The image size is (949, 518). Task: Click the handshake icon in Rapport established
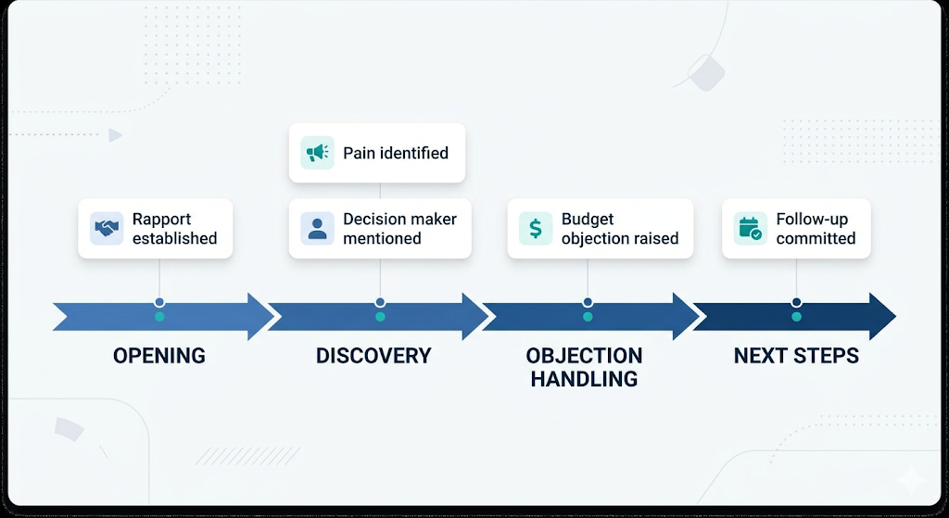point(107,228)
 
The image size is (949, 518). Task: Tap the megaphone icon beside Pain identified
point(317,153)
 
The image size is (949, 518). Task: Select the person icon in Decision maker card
point(317,228)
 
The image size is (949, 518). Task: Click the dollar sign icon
point(535,228)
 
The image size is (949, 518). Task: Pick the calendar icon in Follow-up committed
point(749,228)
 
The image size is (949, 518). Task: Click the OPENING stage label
point(159,356)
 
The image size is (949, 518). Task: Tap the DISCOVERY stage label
point(373,356)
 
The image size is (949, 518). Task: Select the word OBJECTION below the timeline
point(584,356)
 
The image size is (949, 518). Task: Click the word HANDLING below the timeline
point(584,379)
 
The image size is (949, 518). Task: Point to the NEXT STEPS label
point(796,356)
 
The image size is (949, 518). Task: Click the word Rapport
point(161,220)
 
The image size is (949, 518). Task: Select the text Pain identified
point(396,153)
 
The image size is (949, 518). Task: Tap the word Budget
point(588,220)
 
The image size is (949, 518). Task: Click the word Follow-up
point(812,220)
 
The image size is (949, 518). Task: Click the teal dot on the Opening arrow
point(159,317)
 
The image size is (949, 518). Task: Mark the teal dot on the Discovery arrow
point(380,317)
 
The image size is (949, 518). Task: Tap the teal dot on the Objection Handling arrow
point(588,317)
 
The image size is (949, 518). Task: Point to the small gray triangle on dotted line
point(115,135)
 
